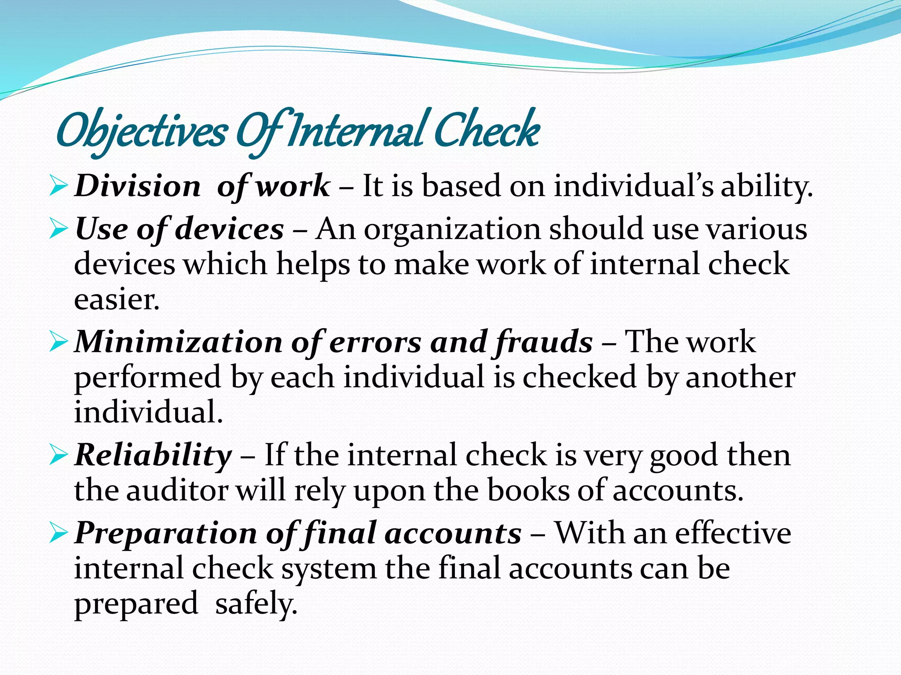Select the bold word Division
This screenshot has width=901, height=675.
coord(138,185)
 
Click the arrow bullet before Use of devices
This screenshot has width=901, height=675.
coord(58,229)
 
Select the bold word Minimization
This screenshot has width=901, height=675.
coord(178,342)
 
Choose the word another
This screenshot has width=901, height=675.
coord(740,377)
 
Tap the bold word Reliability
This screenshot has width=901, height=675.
coord(153,455)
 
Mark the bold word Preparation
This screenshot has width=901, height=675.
coord(165,533)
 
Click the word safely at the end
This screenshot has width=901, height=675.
coord(256,604)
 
